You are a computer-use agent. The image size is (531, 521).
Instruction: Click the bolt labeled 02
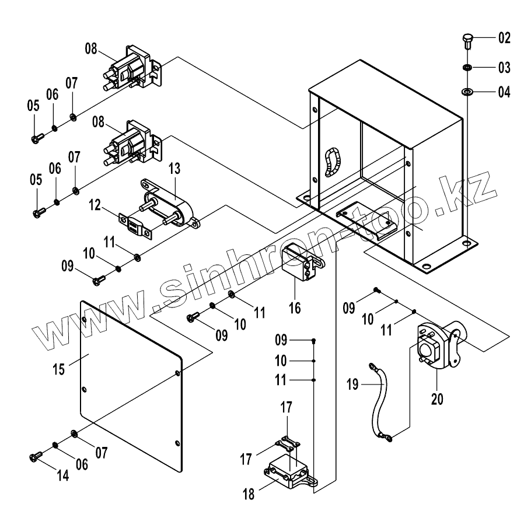(x=467, y=41)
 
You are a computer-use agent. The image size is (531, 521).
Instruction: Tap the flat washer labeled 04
(x=467, y=92)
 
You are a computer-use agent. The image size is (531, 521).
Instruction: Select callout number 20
(x=437, y=400)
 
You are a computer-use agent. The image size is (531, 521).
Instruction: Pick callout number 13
(x=176, y=170)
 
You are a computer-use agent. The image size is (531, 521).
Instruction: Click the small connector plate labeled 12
(x=134, y=223)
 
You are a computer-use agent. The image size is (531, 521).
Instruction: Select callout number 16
(x=295, y=307)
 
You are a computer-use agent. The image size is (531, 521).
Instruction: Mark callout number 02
(x=504, y=39)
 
